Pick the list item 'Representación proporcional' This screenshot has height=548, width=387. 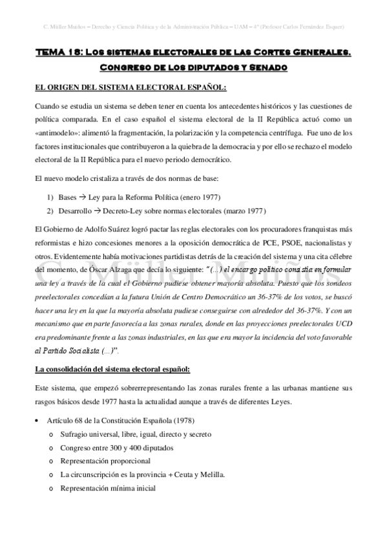(x=105, y=461)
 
